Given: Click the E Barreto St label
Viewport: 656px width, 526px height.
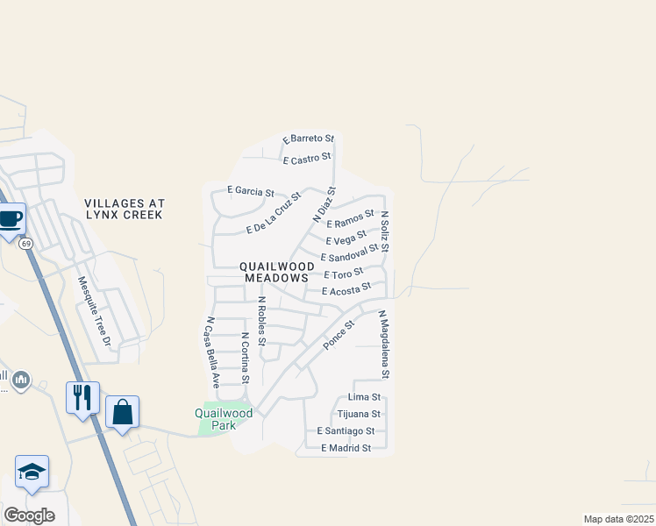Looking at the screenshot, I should click(x=309, y=139).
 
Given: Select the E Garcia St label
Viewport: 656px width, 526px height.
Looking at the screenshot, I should click(x=251, y=190).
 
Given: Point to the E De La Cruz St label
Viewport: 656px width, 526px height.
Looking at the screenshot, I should click(x=274, y=213).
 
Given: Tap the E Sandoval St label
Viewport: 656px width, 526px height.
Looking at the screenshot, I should click(x=349, y=252).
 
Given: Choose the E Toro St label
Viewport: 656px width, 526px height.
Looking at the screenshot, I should click(x=343, y=274).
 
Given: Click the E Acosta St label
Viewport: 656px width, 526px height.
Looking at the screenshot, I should click(x=346, y=288).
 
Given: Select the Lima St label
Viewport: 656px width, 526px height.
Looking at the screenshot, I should click(x=364, y=397).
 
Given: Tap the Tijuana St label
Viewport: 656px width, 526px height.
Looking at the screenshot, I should click(x=360, y=414).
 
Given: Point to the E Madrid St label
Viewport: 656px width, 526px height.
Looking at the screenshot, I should click(x=346, y=448).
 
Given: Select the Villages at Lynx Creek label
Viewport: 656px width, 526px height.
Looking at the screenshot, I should click(x=125, y=209).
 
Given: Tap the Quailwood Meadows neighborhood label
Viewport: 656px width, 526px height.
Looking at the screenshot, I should click(x=275, y=272).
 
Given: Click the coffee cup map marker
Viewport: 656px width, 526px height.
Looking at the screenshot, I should click(x=10, y=219).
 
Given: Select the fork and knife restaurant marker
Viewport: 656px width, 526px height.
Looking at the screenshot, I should click(x=82, y=397).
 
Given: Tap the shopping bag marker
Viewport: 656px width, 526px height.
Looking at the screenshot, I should click(x=122, y=411).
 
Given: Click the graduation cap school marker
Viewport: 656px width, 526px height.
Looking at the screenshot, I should click(x=32, y=472).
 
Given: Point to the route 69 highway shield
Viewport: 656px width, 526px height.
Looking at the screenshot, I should click(x=26, y=243).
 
